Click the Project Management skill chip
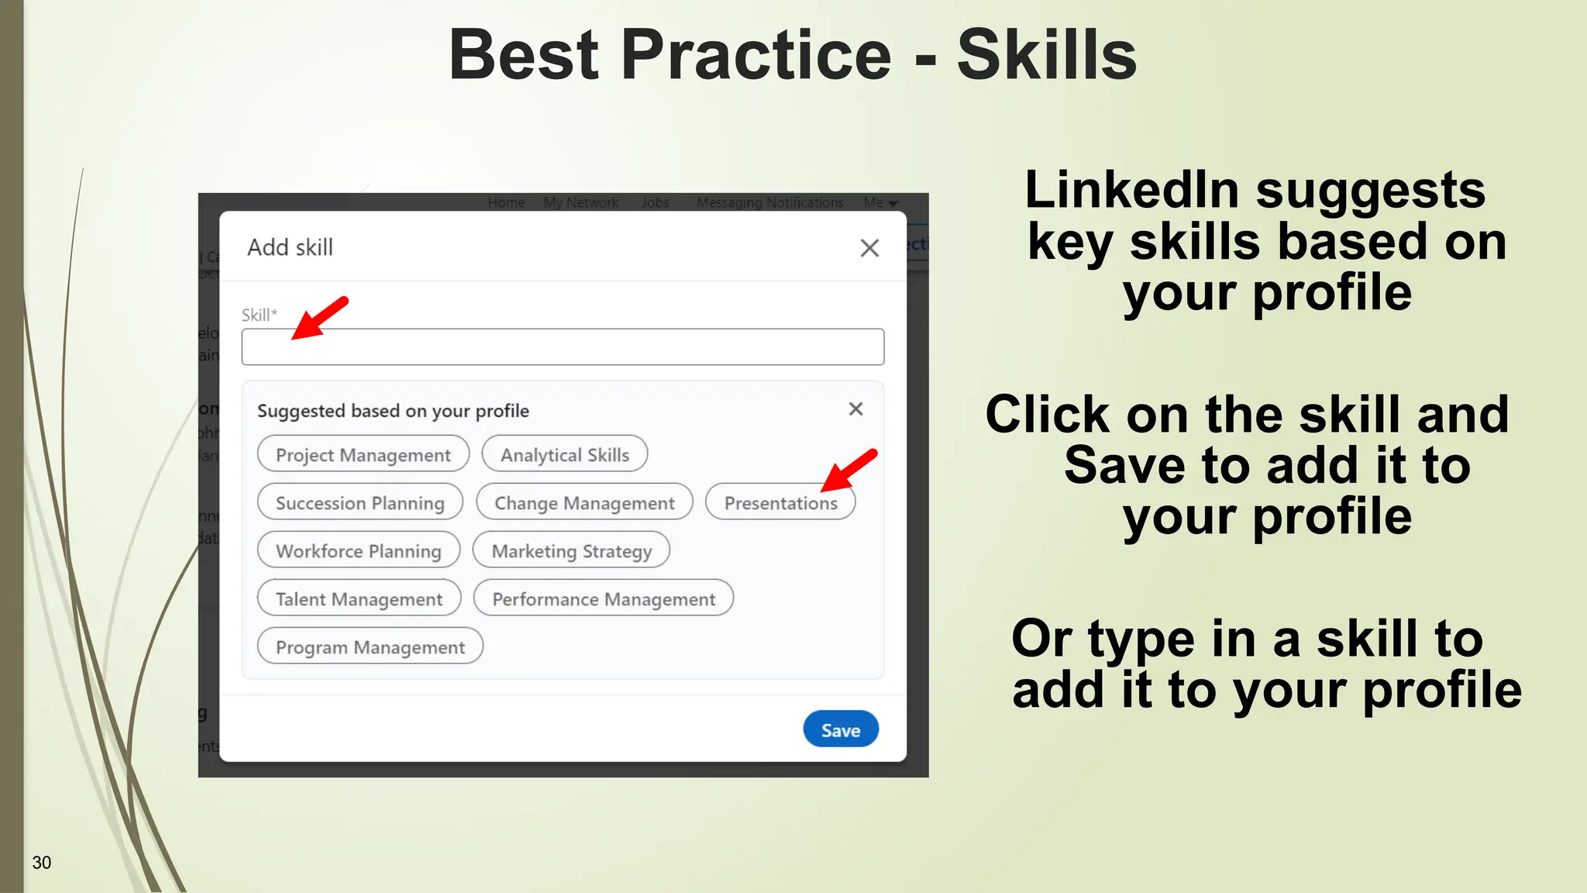(x=363, y=454)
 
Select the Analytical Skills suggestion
(x=564, y=454)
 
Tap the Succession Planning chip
(x=360, y=502)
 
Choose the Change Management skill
(x=584, y=502)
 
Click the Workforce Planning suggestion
(x=358, y=550)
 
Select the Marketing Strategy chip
(x=571, y=550)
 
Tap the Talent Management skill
(x=359, y=598)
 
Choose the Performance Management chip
(x=603, y=598)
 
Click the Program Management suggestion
(x=370, y=646)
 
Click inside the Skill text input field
(x=563, y=347)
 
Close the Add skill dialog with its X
(x=869, y=248)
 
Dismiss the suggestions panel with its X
(x=855, y=409)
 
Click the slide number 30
(x=42, y=863)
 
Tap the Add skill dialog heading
(x=290, y=248)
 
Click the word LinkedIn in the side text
(x=1131, y=191)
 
